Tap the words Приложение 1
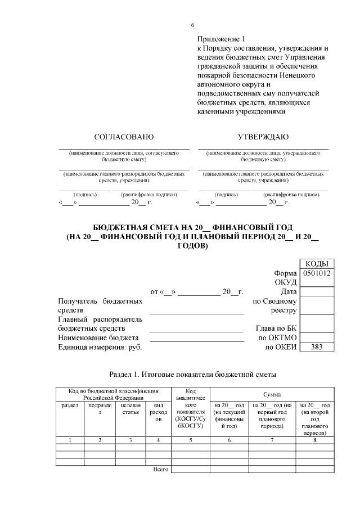tap(222, 39)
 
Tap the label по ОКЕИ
tap(280, 347)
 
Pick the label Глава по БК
tap(276, 328)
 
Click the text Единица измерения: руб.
tap(100, 347)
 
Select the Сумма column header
tap(272, 396)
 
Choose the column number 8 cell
tap(314, 440)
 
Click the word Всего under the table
tap(161, 469)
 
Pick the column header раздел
tap(69, 404)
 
